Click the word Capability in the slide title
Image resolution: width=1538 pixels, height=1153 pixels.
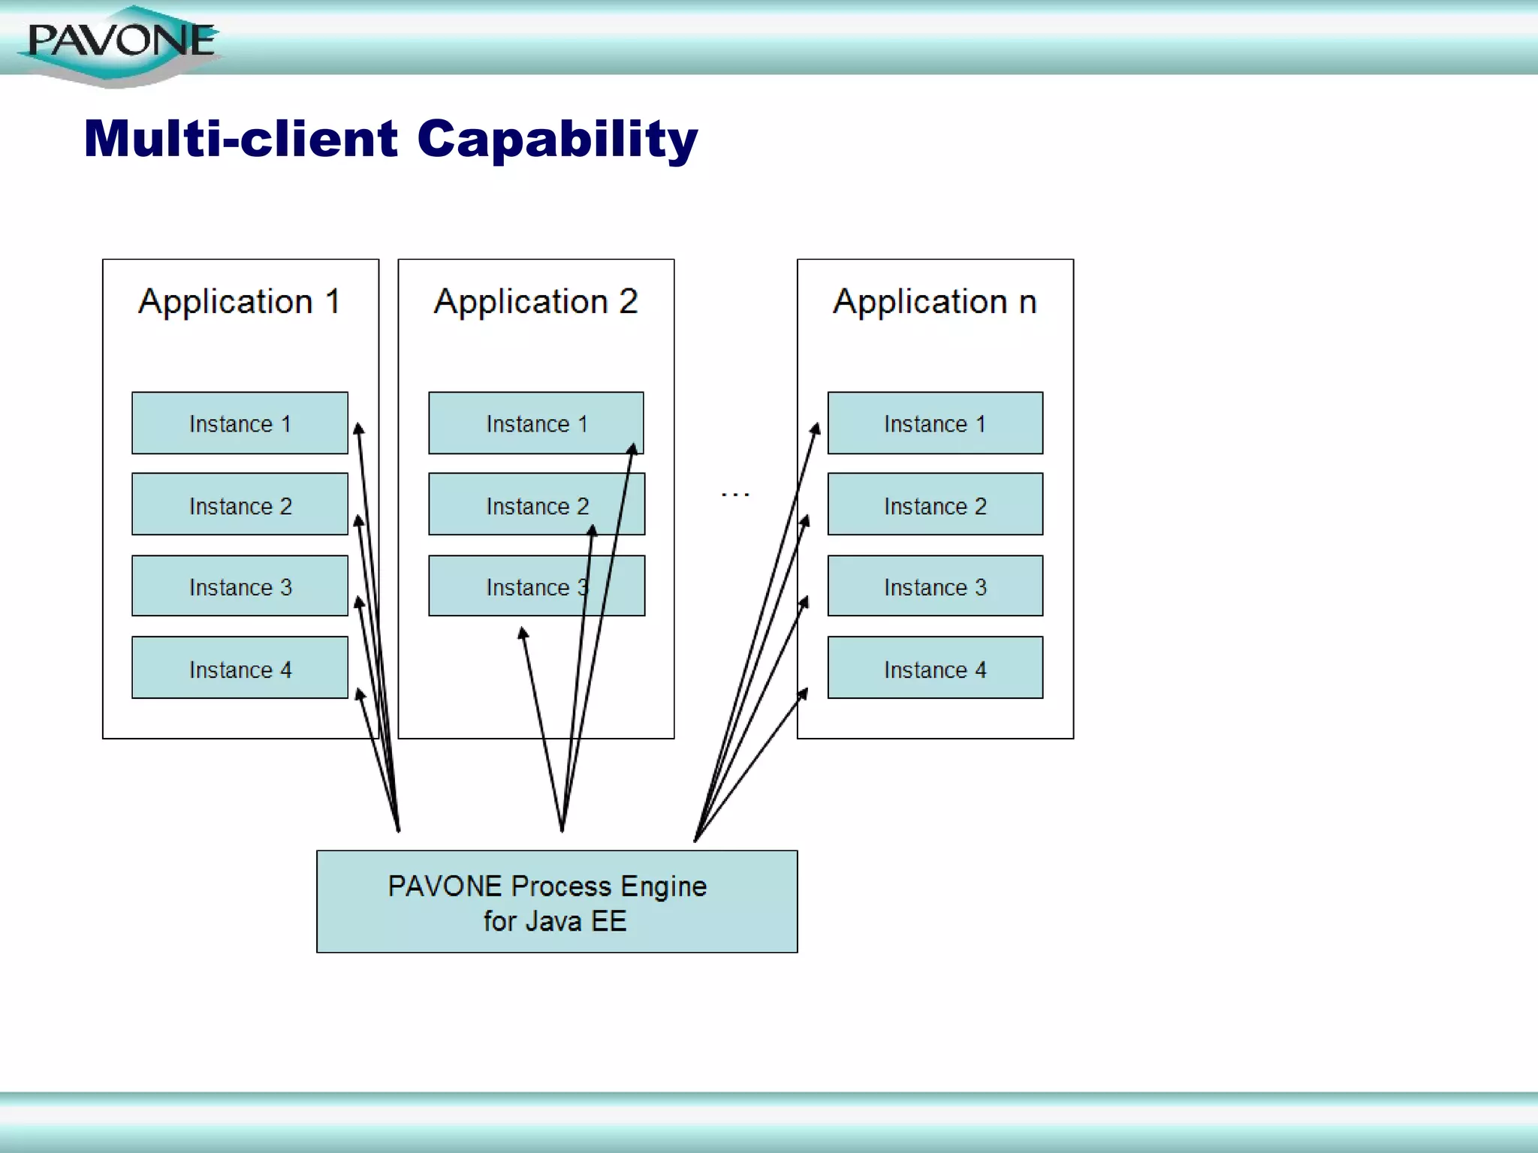point(556,140)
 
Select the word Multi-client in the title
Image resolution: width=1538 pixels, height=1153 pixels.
point(240,140)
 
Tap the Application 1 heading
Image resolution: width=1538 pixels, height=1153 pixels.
point(240,302)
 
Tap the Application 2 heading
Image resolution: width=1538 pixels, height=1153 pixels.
point(535,302)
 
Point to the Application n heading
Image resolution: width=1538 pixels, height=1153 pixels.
point(935,302)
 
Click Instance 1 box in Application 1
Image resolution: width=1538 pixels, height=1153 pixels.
point(240,423)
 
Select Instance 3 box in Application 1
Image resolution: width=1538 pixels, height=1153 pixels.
point(240,586)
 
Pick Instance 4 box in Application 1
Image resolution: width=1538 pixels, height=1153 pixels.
point(240,668)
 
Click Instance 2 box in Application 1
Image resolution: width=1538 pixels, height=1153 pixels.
point(240,504)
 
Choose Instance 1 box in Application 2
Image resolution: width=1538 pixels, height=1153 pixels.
point(535,423)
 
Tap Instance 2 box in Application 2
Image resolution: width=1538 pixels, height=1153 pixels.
point(535,504)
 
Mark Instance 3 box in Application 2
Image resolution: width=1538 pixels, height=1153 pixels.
point(535,586)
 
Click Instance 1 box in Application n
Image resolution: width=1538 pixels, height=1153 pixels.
point(935,423)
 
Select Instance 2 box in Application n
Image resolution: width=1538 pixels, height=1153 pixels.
point(935,504)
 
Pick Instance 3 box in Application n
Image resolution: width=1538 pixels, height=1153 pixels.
point(935,586)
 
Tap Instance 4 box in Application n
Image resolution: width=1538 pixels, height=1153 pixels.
point(935,668)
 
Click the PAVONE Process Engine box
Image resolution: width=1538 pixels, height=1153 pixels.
point(556,902)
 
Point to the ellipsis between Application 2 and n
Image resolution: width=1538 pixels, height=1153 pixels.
point(734,494)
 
